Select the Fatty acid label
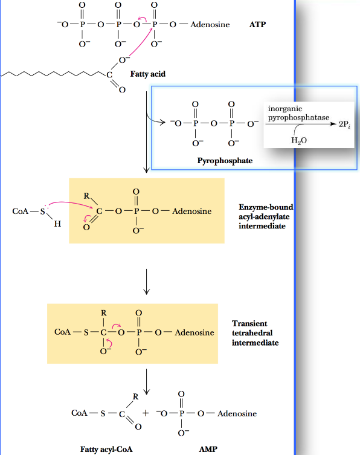coord(148,74)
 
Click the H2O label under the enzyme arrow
coord(298,141)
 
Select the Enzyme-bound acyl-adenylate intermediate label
coord(266,216)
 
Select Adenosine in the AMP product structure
coord(236,414)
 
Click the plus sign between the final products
coord(146,414)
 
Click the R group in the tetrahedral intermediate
coord(103,313)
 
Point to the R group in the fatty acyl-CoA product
coord(135,397)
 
